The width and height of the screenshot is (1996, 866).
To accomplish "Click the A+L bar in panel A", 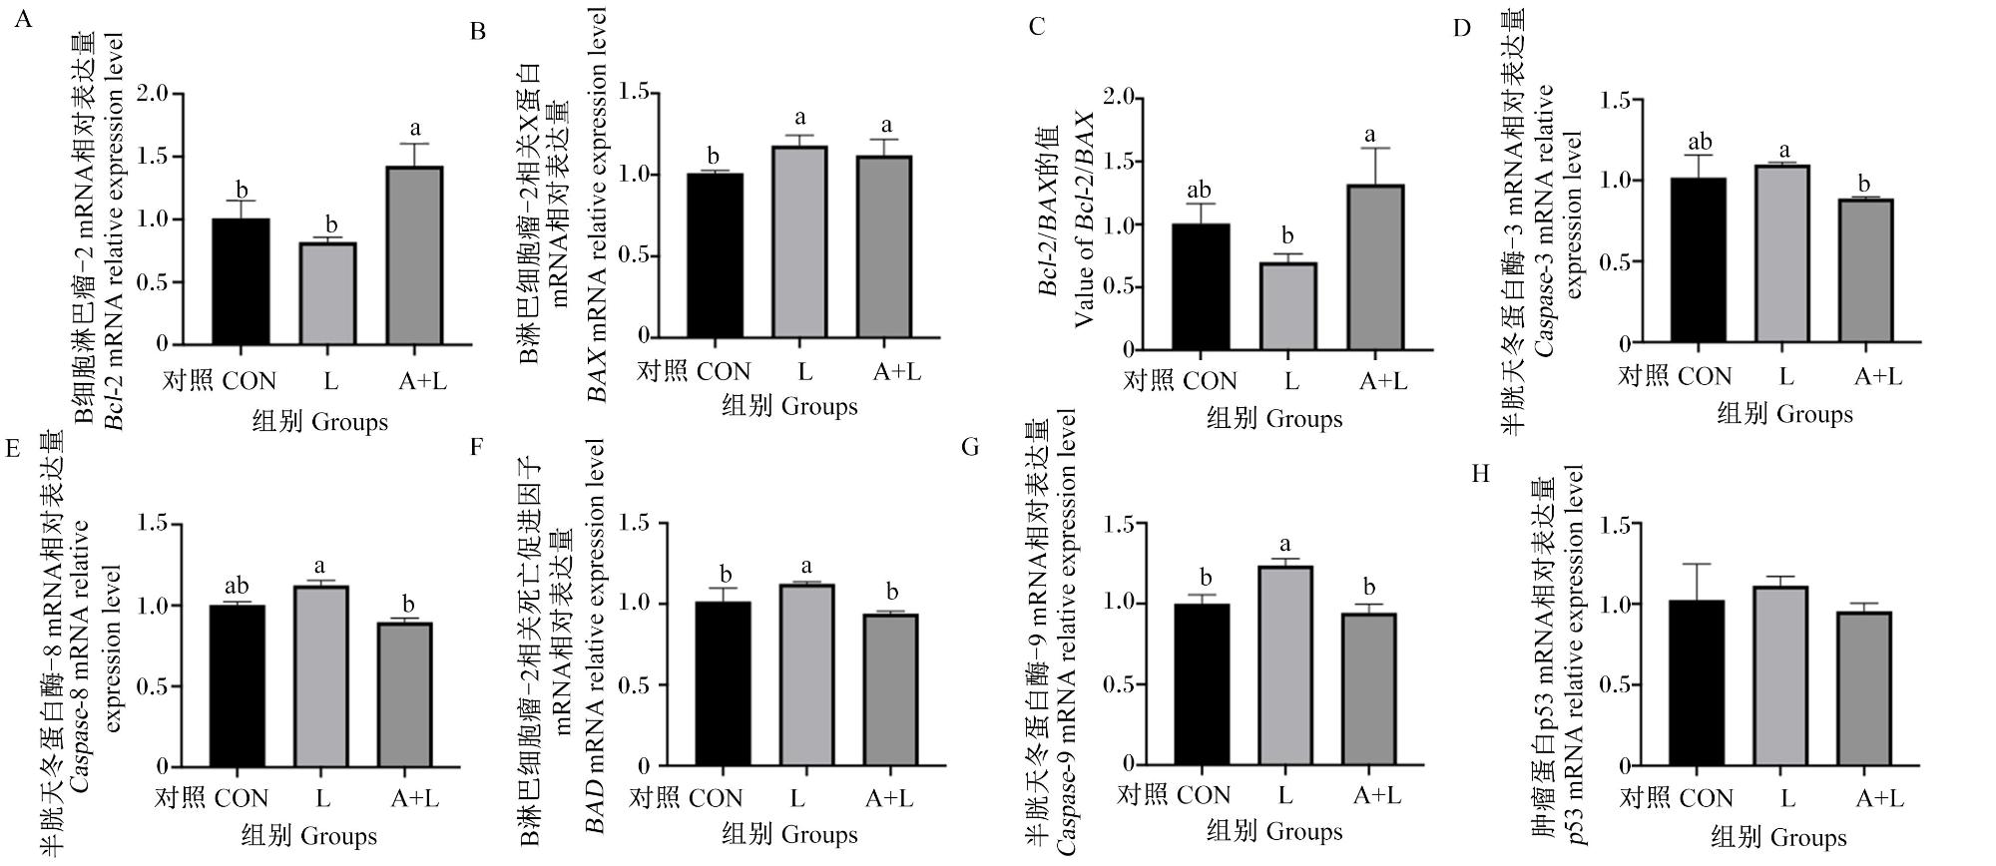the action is pyautogui.click(x=414, y=255).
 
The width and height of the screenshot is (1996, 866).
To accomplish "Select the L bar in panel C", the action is pyautogui.click(x=1287, y=306).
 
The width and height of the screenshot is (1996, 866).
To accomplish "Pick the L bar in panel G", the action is pyautogui.click(x=1284, y=664).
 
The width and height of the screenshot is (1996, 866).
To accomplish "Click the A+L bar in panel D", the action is pyautogui.click(x=1863, y=271).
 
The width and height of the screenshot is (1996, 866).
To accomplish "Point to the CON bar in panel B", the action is pyautogui.click(x=714, y=255).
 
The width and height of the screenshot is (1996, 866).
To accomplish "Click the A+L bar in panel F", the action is pyautogui.click(x=890, y=690).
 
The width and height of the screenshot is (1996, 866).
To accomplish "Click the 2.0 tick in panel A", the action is pyautogui.click(x=153, y=95).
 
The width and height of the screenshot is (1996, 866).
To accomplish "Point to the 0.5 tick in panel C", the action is pyautogui.click(x=1121, y=287).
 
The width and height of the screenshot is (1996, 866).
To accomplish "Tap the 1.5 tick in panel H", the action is pyautogui.click(x=1615, y=525).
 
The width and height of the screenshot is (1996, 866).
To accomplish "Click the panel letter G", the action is pyautogui.click(x=970, y=447).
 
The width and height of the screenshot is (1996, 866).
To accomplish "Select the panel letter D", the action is pyautogui.click(x=1462, y=28).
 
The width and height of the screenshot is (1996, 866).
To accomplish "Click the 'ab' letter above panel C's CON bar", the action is pyautogui.click(x=1200, y=190).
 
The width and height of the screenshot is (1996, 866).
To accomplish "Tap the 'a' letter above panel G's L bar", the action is pyautogui.click(x=1285, y=545).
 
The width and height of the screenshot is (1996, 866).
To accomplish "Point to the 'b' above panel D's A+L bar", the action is pyautogui.click(x=1863, y=183).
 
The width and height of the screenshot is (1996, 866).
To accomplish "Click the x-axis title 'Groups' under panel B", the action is pyautogui.click(x=819, y=407).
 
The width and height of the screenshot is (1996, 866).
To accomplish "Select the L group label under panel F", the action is pyautogui.click(x=797, y=797).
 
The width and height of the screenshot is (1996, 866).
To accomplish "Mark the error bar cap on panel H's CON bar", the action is pyautogui.click(x=1697, y=565).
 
